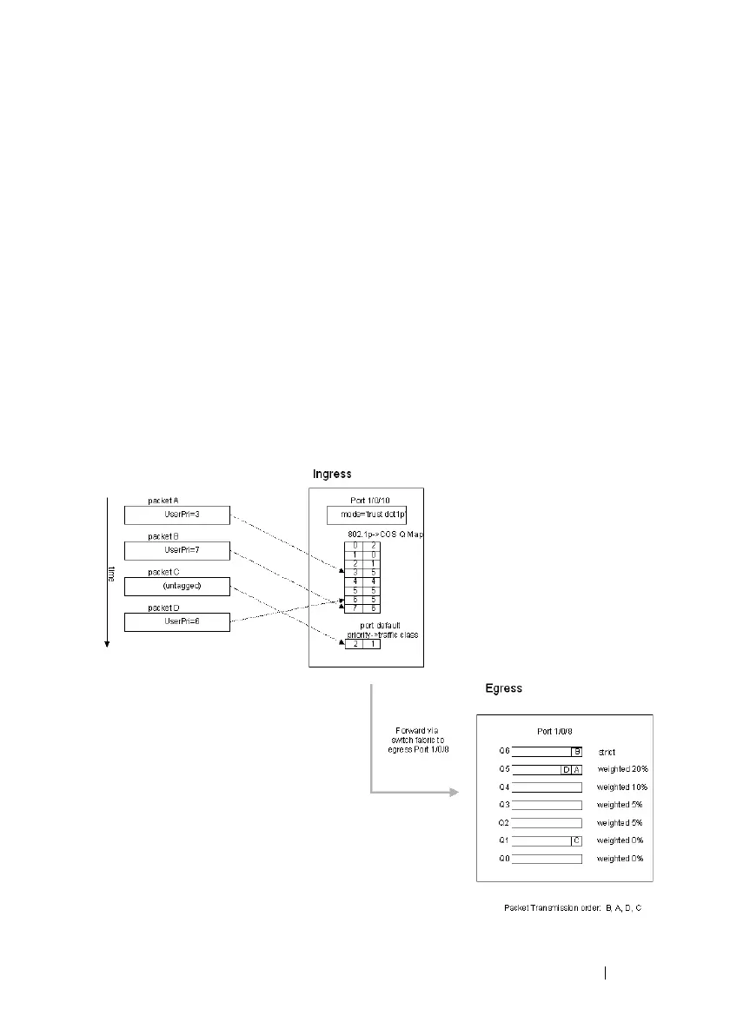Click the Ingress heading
331,475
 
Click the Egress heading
503,688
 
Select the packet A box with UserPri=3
176,515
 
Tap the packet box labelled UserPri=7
176,550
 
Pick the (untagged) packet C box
176,586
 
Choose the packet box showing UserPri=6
176,621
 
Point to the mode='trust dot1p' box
367,515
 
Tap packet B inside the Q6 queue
575,752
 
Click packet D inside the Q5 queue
566,769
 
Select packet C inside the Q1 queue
575,840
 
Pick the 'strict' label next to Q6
607,752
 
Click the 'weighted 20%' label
622,769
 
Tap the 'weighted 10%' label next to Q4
622,787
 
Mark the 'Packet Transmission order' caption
573,908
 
